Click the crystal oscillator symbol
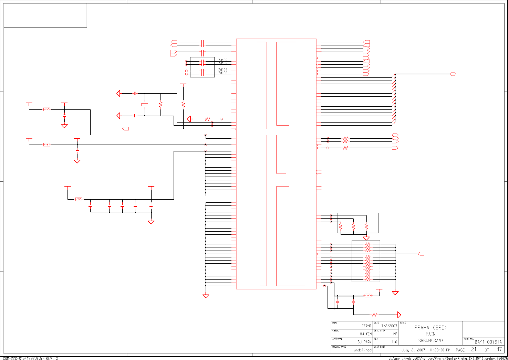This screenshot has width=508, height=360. point(145,104)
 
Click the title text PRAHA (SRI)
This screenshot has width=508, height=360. point(430,328)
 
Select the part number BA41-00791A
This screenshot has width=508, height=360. point(488,342)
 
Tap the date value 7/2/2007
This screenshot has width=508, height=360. point(389,326)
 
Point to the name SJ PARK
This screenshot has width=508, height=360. point(364,342)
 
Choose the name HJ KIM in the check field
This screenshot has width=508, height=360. point(365,334)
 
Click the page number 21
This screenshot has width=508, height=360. point(474,349)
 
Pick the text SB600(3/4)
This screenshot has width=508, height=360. point(430,341)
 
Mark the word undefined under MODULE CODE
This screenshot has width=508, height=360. point(362,350)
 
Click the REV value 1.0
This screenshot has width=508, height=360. point(394,342)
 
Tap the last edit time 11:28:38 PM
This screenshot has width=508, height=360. point(439,350)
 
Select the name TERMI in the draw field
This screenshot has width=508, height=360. point(366,326)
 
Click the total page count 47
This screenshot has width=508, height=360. point(499,349)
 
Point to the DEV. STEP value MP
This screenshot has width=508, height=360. point(395,334)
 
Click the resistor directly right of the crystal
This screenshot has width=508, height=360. point(161,104)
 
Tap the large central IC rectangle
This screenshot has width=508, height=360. point(276,164)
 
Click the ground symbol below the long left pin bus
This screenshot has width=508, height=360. point(206,296)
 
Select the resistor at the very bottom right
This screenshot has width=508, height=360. point(374,315)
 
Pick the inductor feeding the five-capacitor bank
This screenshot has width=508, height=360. point(79,199)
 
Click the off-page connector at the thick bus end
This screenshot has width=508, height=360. point(453,74)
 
